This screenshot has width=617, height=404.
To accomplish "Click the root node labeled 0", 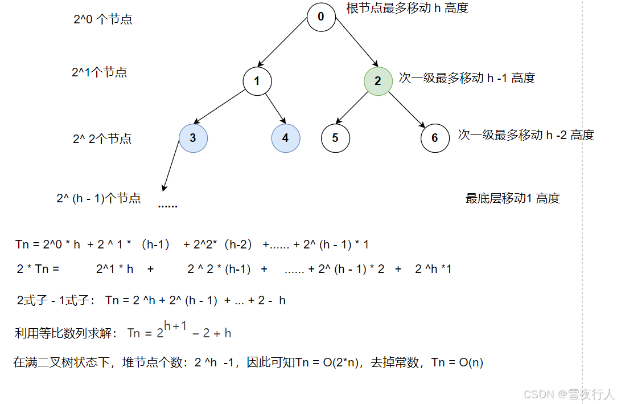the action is click(x=321, y=17).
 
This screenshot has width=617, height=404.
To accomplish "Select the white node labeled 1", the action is click(x=257, y=80).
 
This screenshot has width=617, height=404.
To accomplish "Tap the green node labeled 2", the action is click(x=378, y=80).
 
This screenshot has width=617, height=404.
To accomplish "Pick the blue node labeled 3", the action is click(x=193, y=138).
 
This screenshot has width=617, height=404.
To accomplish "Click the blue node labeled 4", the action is click(x=285, y=138).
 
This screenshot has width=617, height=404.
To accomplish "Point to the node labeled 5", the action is click(x=335, y=138).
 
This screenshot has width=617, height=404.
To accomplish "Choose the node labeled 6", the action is click(x=435, y=138).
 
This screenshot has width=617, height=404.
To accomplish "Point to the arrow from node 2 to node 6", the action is click(x=407, y=108).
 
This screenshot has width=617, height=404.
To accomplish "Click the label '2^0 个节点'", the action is click(x=103, y=19).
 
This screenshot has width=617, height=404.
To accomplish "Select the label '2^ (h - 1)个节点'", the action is click(x=98, y=198).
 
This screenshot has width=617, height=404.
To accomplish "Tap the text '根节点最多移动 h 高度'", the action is click(x=407, y=9).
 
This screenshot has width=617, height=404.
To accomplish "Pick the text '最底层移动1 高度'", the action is click(x=512, y=198).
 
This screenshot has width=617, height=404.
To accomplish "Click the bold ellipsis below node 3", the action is click(x=167, y=205).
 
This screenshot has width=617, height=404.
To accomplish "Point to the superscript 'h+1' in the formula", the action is click(x=175, y=326).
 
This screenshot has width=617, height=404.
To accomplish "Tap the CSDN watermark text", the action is click(x=569, y=394).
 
